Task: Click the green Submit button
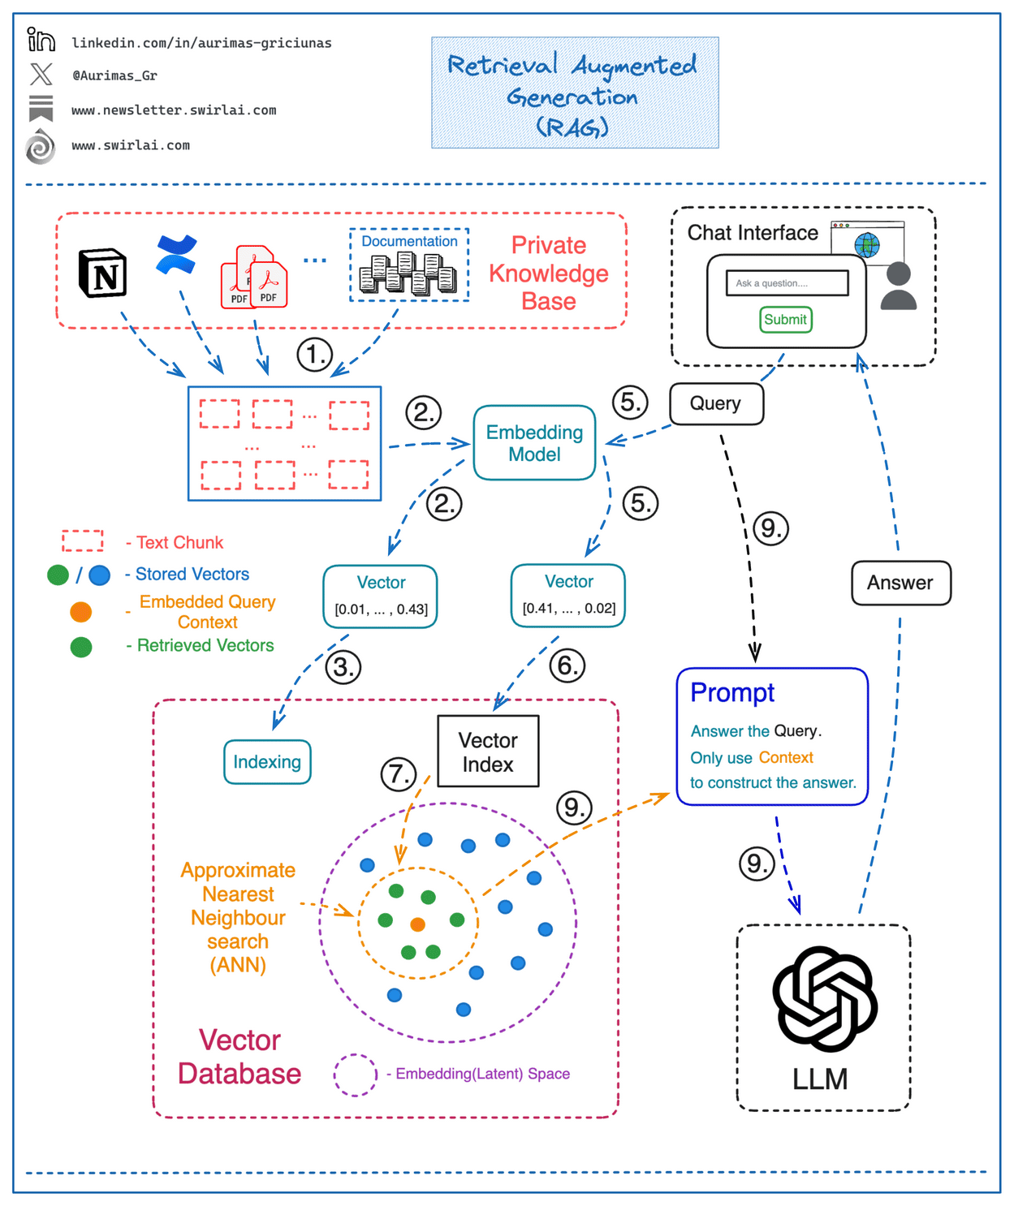786,320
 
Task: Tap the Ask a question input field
787,283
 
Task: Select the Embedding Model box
534,443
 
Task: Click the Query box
716,403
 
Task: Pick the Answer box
900,583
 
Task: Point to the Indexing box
267,762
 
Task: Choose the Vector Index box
488,752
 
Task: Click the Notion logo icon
102,274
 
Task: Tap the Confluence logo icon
177,254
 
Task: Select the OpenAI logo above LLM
824,999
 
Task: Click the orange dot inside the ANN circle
418,924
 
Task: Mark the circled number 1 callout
314,355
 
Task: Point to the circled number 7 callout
399,773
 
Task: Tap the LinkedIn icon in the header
41,40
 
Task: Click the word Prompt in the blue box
732,692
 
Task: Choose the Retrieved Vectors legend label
205,645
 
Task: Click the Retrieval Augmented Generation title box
575,93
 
